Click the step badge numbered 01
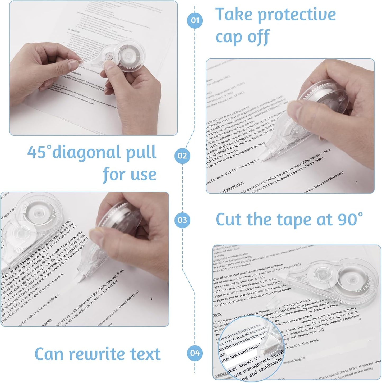coord(195,20)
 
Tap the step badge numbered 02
coord(182,156)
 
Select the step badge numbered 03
coord(182,220)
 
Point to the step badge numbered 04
coord(195,353)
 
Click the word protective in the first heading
coord(297,15)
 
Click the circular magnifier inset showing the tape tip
coord(251,348)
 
